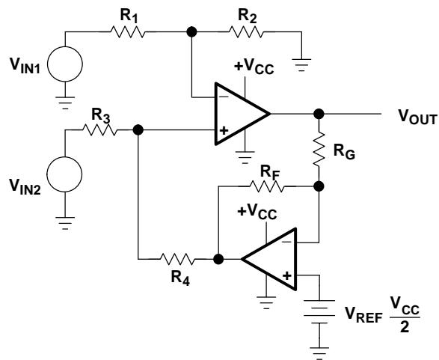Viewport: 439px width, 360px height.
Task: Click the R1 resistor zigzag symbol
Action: (128, 32)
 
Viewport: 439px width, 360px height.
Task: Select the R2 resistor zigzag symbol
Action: (246, 32)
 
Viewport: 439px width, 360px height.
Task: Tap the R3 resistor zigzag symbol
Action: (99, 130)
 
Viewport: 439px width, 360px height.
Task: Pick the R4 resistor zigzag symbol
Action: (177, 259)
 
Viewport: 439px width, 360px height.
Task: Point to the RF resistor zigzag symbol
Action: (266, 186)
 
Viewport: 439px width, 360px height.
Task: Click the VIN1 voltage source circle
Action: (65, 64)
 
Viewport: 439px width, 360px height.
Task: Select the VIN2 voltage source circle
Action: (64, 174)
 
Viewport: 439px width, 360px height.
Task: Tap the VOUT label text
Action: (417, 116)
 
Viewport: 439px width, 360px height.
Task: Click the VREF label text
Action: (363, 314)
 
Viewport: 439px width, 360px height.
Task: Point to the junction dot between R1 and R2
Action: (191, 31)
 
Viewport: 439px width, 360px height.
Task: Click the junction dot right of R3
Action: (138, 130)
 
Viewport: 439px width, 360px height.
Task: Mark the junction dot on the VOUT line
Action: (319, 114)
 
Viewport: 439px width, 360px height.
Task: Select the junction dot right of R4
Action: (218, 259)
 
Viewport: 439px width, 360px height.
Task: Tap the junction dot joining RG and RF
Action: (319, 186)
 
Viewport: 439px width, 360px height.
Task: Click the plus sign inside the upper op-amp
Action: (224, 130)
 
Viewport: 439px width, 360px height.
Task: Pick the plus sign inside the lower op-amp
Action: (287, 276)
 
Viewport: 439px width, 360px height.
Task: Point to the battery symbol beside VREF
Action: (319, 312)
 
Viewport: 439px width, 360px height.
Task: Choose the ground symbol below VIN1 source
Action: (65, 103)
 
